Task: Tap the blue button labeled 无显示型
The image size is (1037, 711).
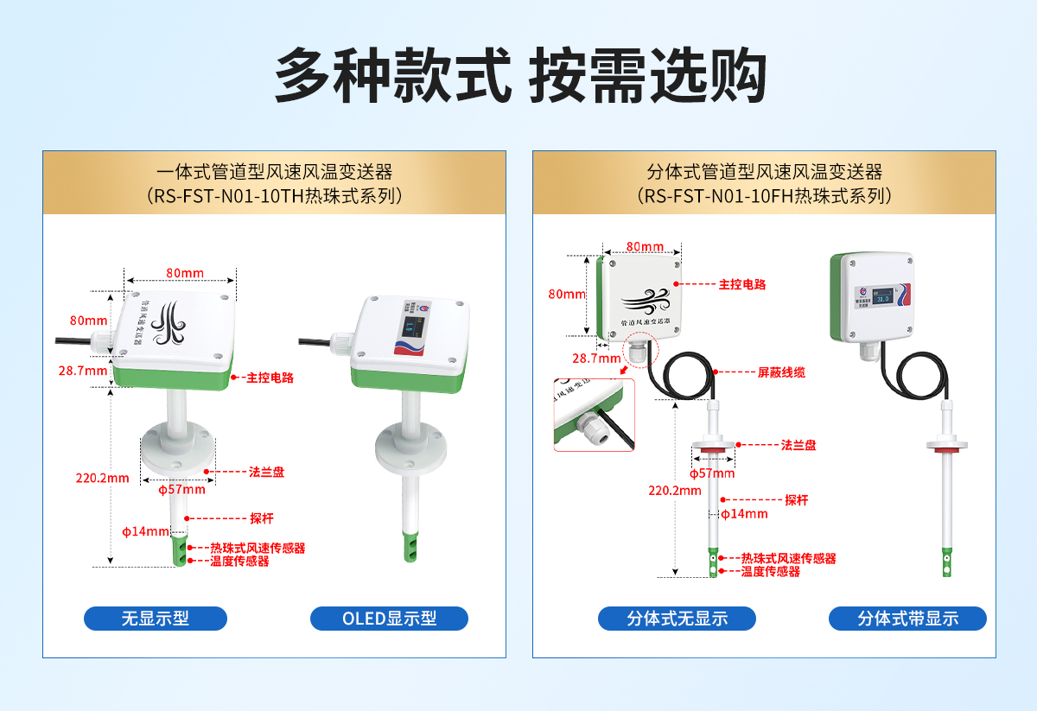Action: [156, 619]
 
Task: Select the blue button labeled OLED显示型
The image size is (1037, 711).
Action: [389, 619]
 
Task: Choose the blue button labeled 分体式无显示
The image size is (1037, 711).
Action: [677, 619]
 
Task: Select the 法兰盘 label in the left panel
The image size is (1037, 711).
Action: [266, 472]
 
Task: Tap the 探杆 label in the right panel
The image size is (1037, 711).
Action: [796, 500]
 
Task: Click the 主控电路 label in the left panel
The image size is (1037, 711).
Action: [270, 378]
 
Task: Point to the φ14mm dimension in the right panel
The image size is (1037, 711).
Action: [746, 514]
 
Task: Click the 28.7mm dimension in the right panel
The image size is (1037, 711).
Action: [597, 358]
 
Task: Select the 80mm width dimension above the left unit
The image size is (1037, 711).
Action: [185, 274]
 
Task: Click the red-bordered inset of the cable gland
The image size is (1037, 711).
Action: [594, 415]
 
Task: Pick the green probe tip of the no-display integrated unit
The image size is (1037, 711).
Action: [181, 549]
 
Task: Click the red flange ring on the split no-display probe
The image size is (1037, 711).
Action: [714, 449]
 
